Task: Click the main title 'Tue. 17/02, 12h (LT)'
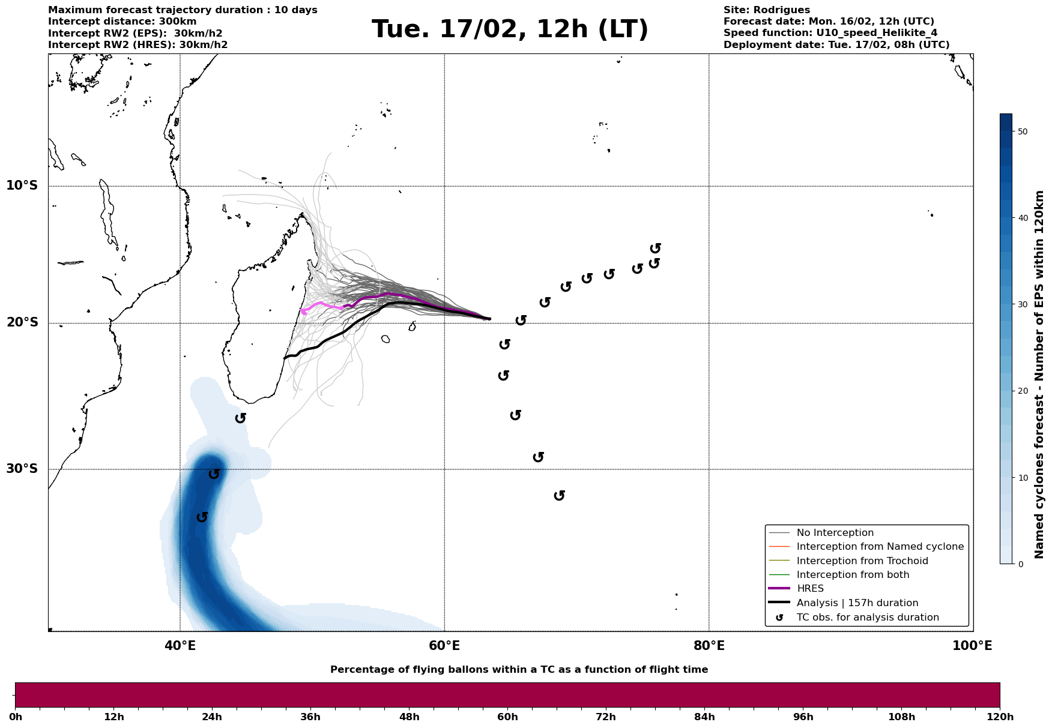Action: [x=510, y=29]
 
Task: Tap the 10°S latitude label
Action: [x=22, y=185]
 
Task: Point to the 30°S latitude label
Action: [x=22, y=469]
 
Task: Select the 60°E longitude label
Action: [x=444, y=646]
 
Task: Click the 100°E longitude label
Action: [x=972, y=646]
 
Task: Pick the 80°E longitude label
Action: [x=709, y=646]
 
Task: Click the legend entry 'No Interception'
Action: [x=835, y=533]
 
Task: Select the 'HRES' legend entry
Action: [x=810, y=589]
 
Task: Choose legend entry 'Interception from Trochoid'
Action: [x=862, y=561]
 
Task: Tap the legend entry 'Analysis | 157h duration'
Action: [x=857, y=603]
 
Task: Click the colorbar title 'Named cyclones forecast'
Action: [x=1040, y=375]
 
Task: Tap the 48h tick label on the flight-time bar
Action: [x=409, y=717]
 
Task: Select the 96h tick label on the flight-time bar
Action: [x=803, y=717]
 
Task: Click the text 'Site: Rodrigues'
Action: [x=766, y=10]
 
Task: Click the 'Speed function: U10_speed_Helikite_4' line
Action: [x=830, y=33]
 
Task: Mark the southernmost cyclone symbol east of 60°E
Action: [x=560, y=495]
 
